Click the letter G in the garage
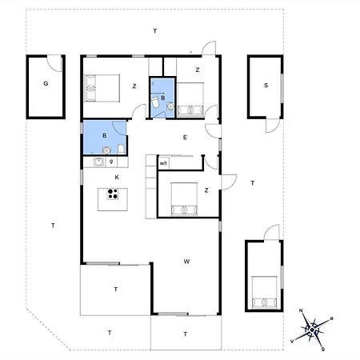tap(46, 83)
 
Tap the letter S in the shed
tap(266, 86)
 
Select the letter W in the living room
tap(186, 262)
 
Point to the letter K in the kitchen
tap(117, 177)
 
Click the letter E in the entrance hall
tap(185, 138)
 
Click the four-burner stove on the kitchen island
tap(113, 194)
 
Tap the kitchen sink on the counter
tap(99, 162)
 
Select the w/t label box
tap(163, 163)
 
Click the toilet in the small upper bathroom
tap(155, 102)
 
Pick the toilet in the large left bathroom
tap(121, 150)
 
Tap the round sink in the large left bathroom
tap(106, 150)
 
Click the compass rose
tap(311, 330)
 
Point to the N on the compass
tap(301, 310)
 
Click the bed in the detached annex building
tap(264, 293)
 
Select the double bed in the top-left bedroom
tap(102, 88)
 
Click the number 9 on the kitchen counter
tap(111, 162)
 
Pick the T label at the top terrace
tap(155, 31)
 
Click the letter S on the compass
tap(323, 349)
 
